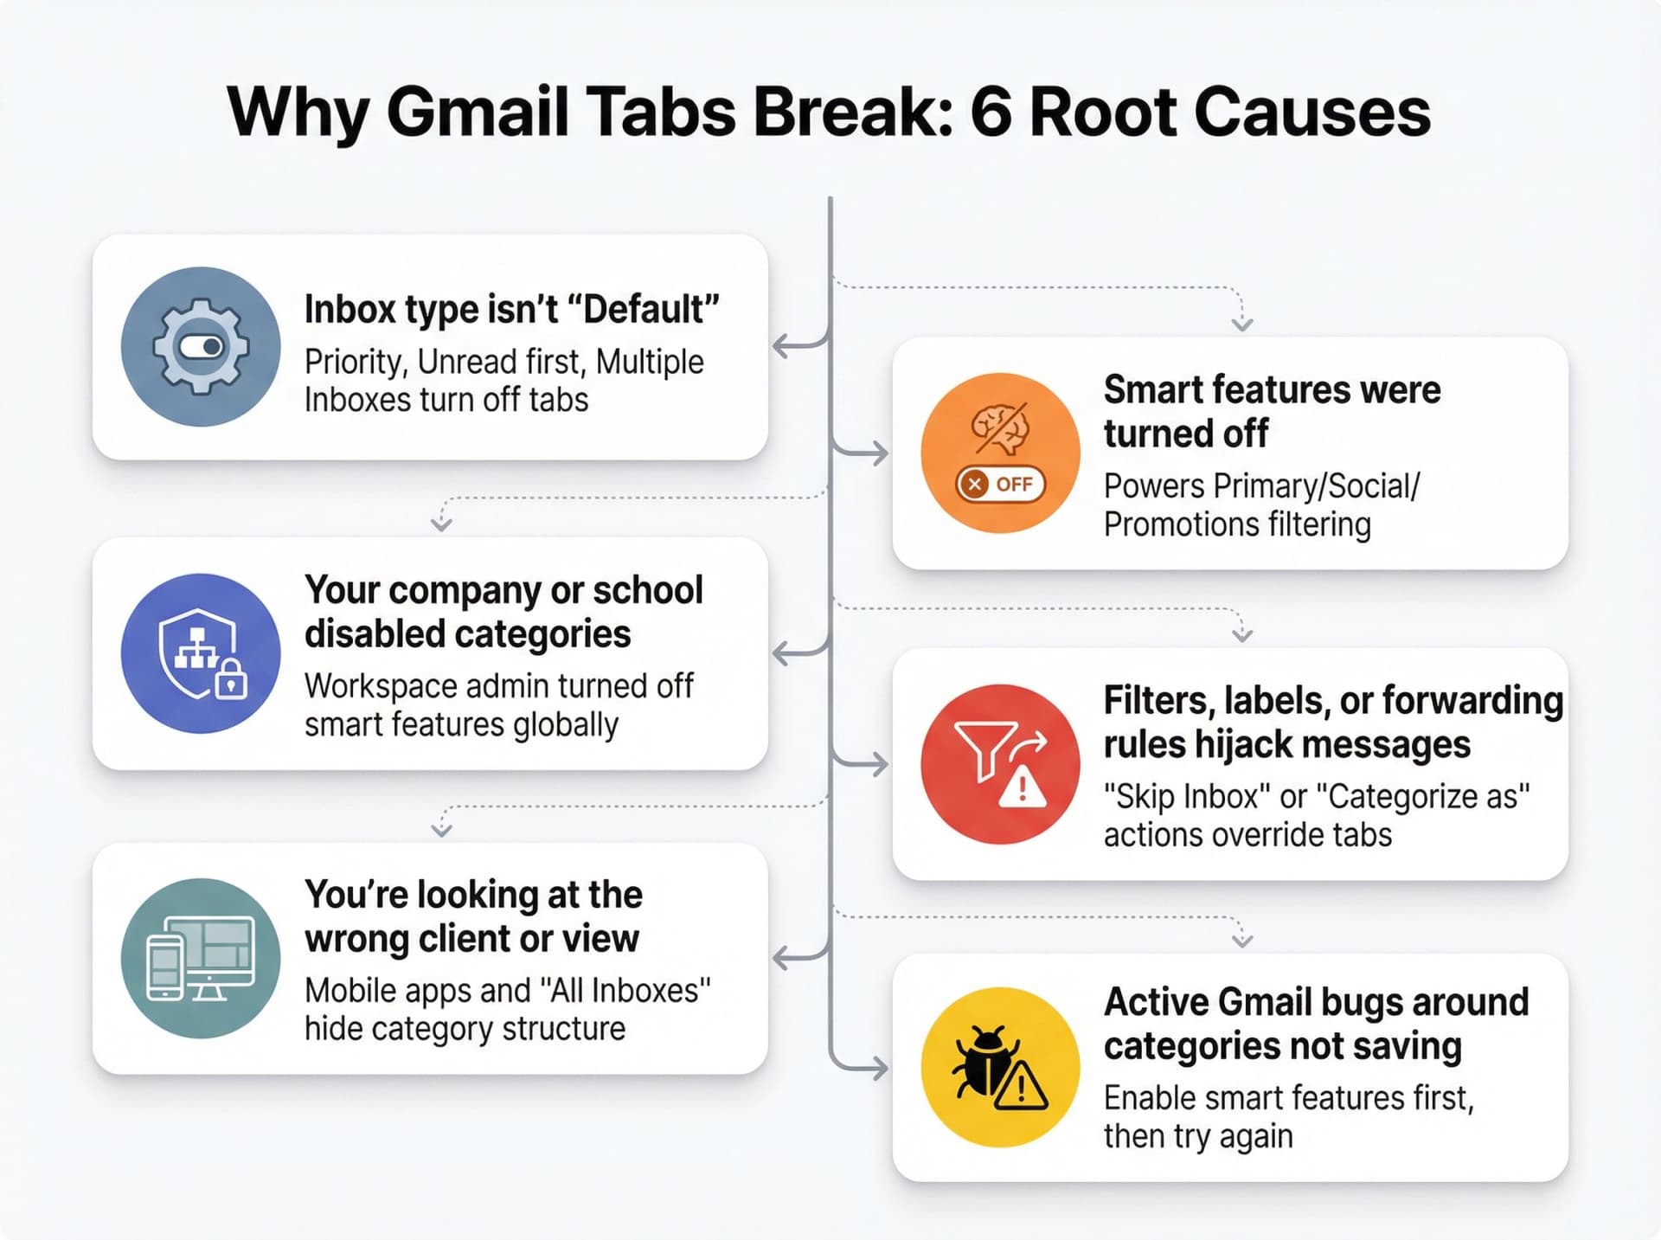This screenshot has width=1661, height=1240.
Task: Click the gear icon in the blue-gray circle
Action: pyautogui.click(x=201, y=346)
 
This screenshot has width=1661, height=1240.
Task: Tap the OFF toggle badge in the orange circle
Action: pyautogui.click(x=1000, y=484)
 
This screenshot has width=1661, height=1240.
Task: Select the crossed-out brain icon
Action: pyautogui.click(x=1000, y=428)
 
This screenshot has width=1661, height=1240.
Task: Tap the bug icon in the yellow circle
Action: pyautogui.click(x=982, y=1063)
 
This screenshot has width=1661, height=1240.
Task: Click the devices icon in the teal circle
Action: pyautogui.click(x=201, y=959)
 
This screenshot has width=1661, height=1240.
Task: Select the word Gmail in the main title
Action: pyautogui.click(x=477, y=112)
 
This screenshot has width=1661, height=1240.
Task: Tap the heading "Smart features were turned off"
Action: pyautogui.click(x=1272, y=411)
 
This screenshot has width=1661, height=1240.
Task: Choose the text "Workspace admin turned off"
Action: pyautogui.click(x=498, y=686)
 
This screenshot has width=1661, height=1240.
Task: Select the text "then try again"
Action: pyautogui.click(x=1198, y=1136)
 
